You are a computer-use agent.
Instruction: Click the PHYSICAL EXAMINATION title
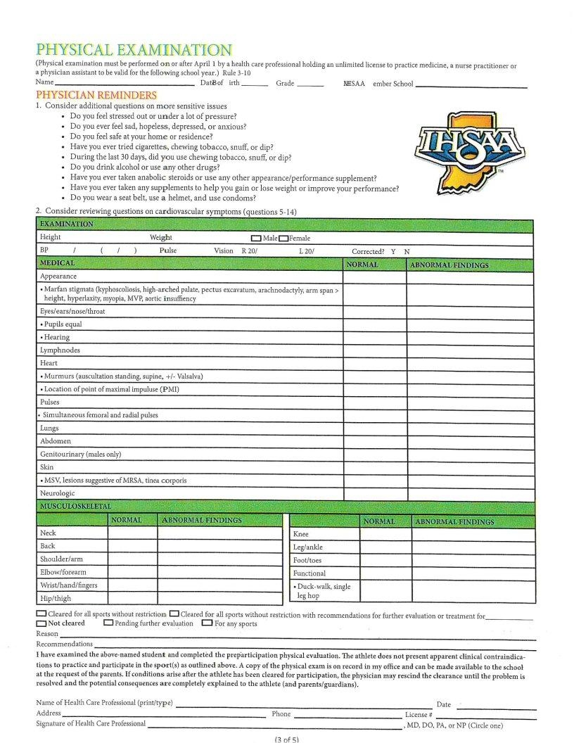(134, 50)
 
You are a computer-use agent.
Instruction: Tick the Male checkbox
(257, 239)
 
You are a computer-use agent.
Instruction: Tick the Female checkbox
(283, 239)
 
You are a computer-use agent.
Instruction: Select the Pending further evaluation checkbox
(108, 623)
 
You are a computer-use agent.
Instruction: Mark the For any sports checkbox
(207, 623)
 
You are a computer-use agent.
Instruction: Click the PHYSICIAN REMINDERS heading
(96, 94)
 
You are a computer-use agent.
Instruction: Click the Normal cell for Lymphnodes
(374, 350)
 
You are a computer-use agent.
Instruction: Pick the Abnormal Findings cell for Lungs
(471, 428)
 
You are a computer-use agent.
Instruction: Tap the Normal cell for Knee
(385, 534)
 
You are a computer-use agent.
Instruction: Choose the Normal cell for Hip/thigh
(132, 598)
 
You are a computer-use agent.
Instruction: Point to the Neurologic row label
(58, 493)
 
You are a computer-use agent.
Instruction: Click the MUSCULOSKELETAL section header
(75, 506)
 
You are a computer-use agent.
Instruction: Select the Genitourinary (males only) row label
(80, 454)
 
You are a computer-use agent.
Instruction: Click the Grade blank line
(310, 85)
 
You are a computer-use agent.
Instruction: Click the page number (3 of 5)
(286, 738)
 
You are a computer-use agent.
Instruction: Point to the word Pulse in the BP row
(168, 250)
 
